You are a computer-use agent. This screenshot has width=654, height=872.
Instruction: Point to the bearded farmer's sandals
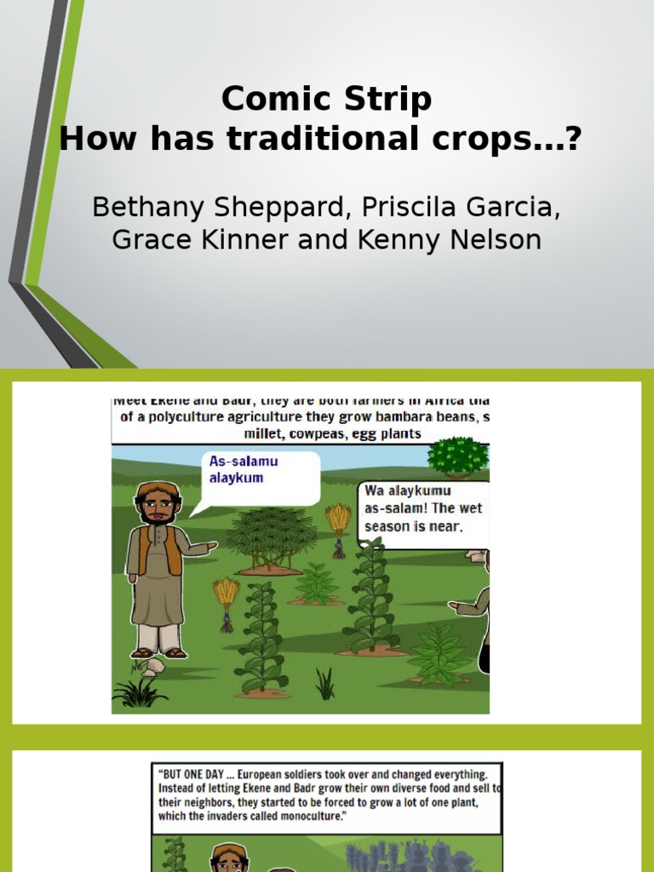(158, 653)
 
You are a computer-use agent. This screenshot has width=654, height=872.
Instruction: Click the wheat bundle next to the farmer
(227, 600)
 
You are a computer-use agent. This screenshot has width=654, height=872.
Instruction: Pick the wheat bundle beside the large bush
(338, 525)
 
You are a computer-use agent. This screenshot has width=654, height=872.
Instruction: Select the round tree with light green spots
(458, 456)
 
